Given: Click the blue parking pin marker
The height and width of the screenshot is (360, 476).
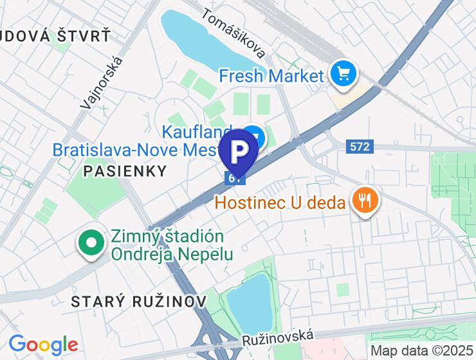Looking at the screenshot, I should (239, 150).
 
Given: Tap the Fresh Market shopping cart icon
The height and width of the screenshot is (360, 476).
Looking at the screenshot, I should (343, 75).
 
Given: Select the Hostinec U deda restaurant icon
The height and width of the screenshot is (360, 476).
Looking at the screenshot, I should (365, 201).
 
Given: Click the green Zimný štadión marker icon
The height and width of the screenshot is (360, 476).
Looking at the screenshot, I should (91, 244).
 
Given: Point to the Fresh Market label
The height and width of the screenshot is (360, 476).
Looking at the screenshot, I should (271, 76).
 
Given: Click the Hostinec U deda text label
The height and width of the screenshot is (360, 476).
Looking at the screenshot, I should (280, 203).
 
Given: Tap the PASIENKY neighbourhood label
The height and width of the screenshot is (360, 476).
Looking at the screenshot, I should (125, 171).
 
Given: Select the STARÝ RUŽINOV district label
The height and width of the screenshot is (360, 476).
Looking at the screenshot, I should (139, 301).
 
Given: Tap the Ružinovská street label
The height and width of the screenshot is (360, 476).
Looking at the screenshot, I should (279, 337).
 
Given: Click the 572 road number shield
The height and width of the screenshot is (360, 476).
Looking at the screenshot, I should (360, 147).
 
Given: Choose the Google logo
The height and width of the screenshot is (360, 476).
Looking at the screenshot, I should (43, 345).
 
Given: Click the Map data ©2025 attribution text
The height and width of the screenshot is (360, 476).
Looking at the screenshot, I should (422, 351).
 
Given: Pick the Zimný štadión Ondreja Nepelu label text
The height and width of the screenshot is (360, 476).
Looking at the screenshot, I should (172, 245).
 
